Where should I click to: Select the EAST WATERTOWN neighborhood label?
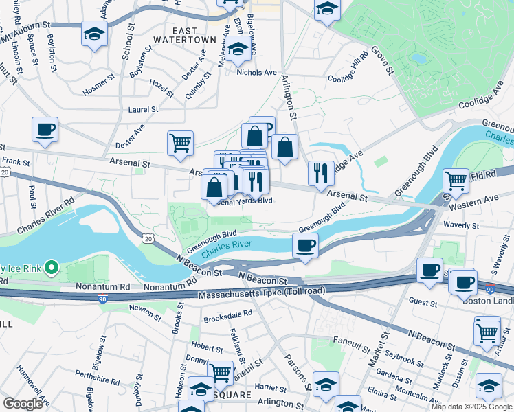point(185,36)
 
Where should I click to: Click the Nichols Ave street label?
point(256,72)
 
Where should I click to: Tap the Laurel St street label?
point(143,109)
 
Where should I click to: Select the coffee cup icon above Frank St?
point(45,129)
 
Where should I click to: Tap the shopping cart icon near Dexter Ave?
point(180,144)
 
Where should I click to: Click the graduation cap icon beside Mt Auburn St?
point(94,34)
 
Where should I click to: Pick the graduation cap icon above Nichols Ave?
point(238,49)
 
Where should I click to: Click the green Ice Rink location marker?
point(50,266)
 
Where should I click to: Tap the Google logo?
point(23,404)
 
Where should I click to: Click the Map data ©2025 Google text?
point(471,407)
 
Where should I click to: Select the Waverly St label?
point(462,225)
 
